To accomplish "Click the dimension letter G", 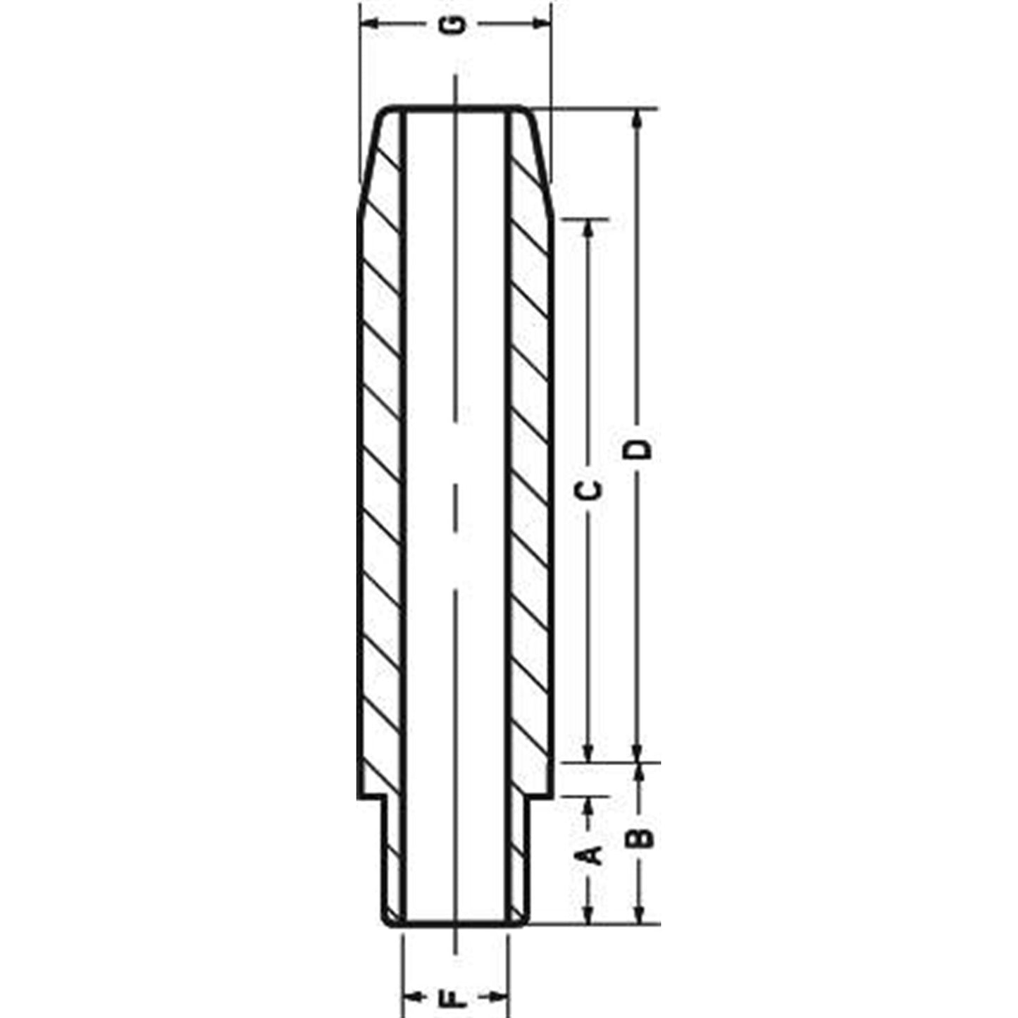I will click(x=457, y=25).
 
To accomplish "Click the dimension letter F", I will click(x=457, y=997).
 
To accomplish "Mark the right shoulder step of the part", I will click(x=540, y=798).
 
